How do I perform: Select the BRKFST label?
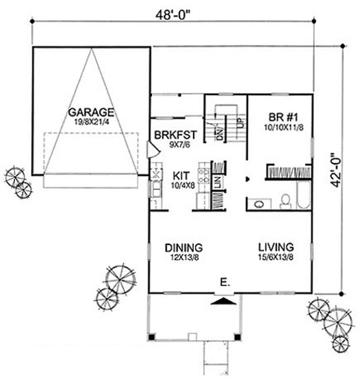click(x=176, y=135)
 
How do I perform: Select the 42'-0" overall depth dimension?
click(x=335, y=168)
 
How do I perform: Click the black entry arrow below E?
click(x=223, y=300)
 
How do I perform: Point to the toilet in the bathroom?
click(x=285, y=201)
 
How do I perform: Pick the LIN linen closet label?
click(x=219, y=182)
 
